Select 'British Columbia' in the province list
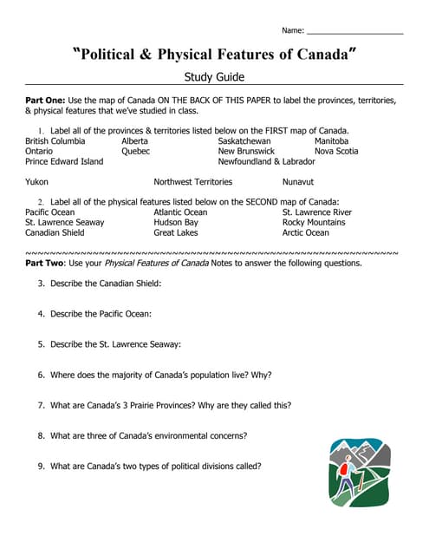coord(55,140)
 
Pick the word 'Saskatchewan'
coord(244,140)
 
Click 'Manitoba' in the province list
coord(331,140)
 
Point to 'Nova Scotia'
coord(336,151)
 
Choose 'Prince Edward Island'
coord(64,161)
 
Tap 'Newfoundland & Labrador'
coord(267,161)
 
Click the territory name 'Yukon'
coord(37,182)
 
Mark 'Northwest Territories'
coord(193,182)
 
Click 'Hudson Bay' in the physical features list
coord(176,222)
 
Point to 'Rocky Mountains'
coord(314,222)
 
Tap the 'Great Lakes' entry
coord(176,232)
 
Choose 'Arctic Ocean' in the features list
coord(306,232)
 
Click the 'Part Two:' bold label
coord(45,263)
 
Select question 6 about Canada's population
coord(160,375)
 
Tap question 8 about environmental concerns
coord(148,435)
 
